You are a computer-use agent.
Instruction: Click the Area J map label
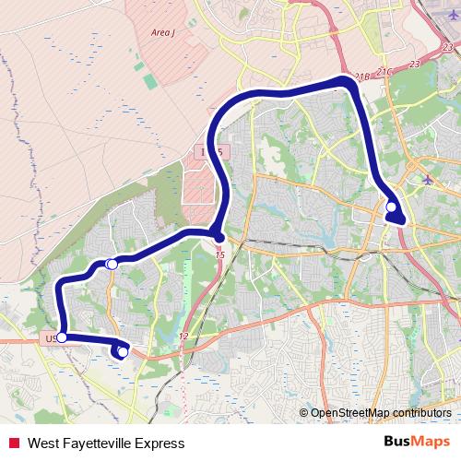(x=162, y=32)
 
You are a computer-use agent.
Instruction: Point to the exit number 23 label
(x=412, y=65)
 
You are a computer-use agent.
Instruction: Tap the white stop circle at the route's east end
(x=392, y=207)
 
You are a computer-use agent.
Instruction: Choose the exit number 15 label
(x=219, y=254)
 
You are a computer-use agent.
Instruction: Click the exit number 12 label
(x=184, y=337)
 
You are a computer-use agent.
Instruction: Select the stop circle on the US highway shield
(x=61, y=337)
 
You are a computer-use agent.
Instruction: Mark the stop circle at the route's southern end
(x=123, y=351)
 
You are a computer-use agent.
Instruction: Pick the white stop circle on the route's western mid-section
(x=112, y=265)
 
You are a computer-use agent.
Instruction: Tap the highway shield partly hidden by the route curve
(x=210, y=149)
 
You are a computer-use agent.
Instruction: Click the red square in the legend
(x=12, y=443)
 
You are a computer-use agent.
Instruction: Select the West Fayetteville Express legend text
(x=100, y=443)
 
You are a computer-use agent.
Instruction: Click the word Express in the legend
(x=148, y=443)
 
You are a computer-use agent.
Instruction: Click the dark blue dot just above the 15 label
(x=218, y=238)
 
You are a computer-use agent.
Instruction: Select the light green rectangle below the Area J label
(x=138, y=65)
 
